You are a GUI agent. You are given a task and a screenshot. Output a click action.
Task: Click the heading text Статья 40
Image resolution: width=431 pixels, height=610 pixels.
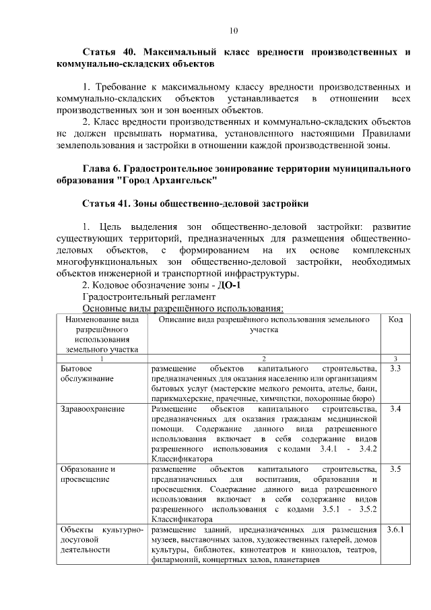point(108,52)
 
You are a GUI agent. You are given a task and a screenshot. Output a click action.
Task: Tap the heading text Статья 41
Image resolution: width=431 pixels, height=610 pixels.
point(108,203)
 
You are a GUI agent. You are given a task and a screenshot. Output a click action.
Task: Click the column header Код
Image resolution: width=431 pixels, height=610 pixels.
point(395,319)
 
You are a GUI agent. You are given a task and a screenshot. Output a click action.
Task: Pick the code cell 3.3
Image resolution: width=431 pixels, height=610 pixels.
point(395,369)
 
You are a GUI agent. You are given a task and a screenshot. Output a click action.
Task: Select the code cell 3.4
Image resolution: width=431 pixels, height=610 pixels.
point(395,409)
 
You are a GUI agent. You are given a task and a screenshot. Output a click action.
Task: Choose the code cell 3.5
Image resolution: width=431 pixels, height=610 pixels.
point(395,469)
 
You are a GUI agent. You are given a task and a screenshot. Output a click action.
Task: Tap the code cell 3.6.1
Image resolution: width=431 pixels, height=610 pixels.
point(395,529)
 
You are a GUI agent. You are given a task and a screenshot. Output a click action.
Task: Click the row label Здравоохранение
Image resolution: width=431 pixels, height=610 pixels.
point(92,409)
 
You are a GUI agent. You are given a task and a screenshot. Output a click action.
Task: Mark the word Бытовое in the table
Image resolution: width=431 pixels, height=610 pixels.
point(76,369)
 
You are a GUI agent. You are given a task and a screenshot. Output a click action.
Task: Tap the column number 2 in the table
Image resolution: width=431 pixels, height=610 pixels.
point(264,359)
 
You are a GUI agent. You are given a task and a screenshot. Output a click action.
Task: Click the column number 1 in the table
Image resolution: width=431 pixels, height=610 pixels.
point(102,359)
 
